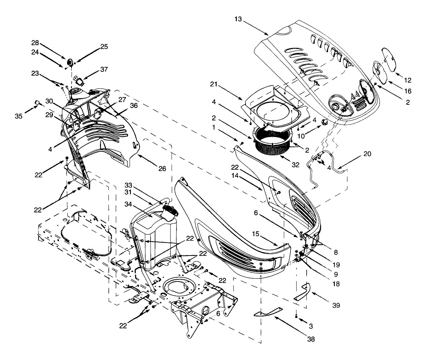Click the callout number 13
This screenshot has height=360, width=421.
(x=238, y=19)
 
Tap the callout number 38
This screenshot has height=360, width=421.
(x=310, y=339)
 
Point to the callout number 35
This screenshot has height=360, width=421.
(x=19, y=116)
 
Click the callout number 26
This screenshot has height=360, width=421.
(x=162, y=169)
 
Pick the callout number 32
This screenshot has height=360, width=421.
(x=295, y=165)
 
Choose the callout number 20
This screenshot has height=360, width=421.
(x=367, y=154)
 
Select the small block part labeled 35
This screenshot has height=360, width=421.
(x=36, y=102)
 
